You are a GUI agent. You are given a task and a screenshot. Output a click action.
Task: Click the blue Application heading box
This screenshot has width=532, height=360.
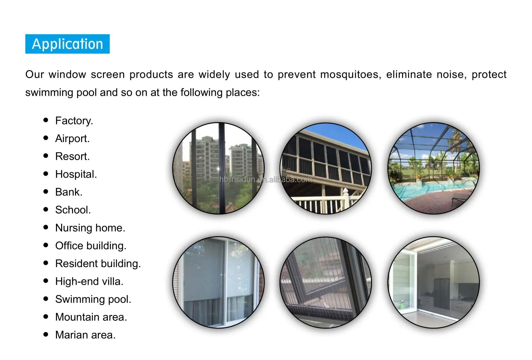click(67, 44)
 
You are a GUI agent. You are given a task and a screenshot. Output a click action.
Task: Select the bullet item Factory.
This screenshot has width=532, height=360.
click(74, 121)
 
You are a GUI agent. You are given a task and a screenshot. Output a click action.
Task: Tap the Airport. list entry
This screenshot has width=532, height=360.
click(72, 139)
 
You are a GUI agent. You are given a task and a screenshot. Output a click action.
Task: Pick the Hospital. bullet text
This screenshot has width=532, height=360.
click(76, 174)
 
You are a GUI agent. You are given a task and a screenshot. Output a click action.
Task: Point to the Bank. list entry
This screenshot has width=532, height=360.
click(69, 192)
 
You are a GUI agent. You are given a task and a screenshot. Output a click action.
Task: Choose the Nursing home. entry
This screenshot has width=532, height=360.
click(90, 228)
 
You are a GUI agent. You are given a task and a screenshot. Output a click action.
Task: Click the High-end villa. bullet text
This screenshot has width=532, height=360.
click(89, 282)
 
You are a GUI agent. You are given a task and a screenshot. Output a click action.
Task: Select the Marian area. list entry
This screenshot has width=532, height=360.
click(85, 335)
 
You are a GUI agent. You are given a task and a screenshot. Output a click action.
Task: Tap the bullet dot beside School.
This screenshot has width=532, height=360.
click(46, 210)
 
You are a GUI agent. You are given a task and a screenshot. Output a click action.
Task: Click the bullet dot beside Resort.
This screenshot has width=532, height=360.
click(46, 156)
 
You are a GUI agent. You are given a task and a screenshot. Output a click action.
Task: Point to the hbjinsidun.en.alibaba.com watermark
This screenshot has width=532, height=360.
click(265, 179)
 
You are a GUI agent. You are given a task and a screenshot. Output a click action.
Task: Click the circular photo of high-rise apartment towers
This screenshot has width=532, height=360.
click(218, 168)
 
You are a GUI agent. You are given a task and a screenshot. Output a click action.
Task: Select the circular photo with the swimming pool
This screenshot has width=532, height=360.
click(433, 168)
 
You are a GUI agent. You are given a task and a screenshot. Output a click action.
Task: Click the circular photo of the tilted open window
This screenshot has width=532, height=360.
click(326, 283)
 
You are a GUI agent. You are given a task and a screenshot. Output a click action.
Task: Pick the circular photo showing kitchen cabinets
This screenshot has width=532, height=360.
click(433, 283)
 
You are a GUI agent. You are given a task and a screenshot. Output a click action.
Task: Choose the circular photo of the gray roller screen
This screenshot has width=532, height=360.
click(218, 283)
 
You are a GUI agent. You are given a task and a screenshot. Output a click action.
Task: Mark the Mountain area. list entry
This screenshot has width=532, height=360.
click(91, 317)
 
